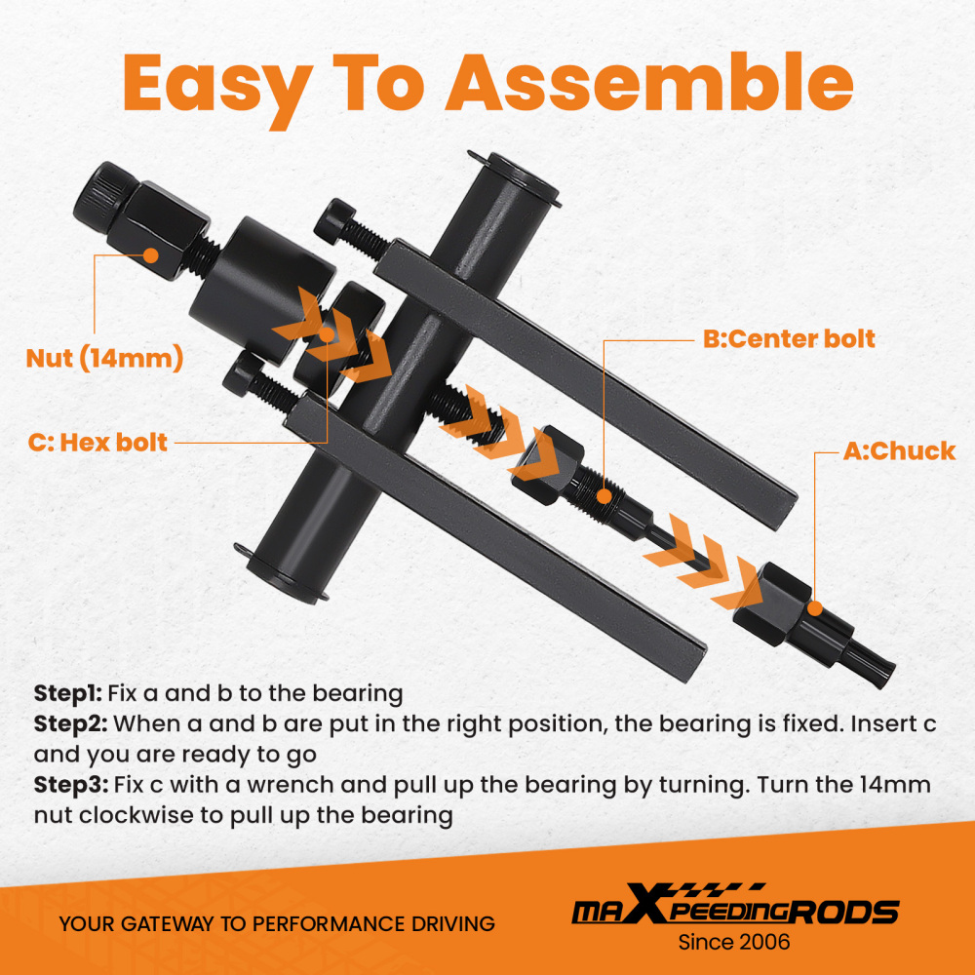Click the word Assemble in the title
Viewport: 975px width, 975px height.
(x=649, y=83)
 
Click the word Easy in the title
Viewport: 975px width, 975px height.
(x=217, y=90)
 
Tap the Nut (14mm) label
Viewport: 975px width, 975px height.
(x=104, y=358)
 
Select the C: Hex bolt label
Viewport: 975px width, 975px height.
(x=97, y=443)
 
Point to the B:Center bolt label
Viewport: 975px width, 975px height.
(x=789, y=339)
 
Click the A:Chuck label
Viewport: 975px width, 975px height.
(x=899, y=451)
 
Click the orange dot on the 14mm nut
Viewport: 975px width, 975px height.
(x=150, y=254)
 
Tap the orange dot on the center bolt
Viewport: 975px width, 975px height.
(x=604, y=495)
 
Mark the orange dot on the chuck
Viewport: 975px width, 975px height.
(x=814, y=608)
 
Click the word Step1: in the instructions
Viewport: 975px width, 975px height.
(x=68, y=694)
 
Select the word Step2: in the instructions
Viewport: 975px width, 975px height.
(x=70, y=723)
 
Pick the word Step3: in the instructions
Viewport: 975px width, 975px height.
(x=70, y=785)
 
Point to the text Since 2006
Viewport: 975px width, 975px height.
(x=734, y=942)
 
